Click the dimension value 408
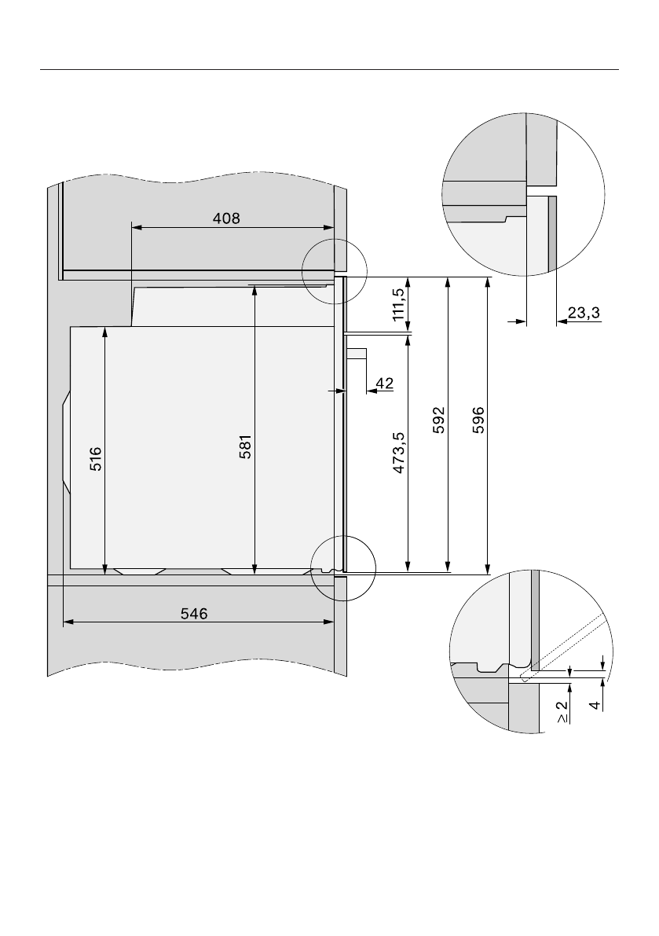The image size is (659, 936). (x=227, y=218)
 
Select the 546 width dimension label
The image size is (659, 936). (x=195, y=614)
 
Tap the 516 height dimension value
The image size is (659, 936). (x=96, y=459)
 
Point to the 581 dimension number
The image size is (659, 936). (x=246, y=446)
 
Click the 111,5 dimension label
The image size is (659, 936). (x=399, y=304)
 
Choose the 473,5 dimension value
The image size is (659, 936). (x=399, y=453)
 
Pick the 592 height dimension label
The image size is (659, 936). (x=439, y=420)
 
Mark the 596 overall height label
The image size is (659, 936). (x=478, y=420)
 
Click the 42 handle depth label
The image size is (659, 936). (x=385, y=384)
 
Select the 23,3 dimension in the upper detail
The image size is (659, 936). (x=584, y=313)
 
